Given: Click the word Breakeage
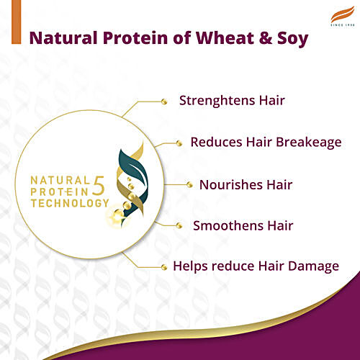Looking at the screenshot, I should click(x=305, y=142).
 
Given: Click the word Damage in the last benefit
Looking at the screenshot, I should click(x=312, y=266).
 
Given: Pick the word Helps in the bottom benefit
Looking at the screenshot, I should click(x=191, y=266).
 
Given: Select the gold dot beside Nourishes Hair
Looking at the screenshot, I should click(x=189, y=185).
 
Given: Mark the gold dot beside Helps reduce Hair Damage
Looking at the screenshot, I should click(x=164, y=266).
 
